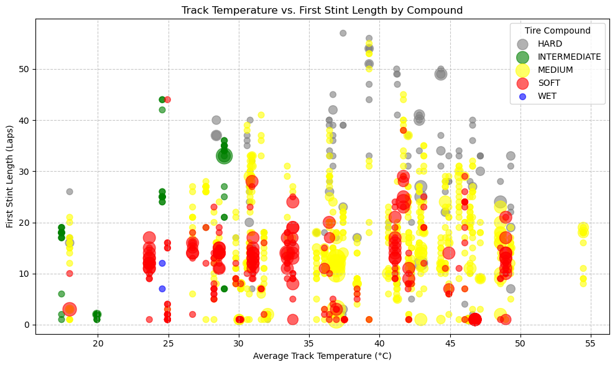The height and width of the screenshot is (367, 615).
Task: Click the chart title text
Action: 322,10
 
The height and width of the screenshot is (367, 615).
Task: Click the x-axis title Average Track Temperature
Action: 322,356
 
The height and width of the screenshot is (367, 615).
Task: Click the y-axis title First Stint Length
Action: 11,176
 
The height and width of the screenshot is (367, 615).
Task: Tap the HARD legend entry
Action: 550,44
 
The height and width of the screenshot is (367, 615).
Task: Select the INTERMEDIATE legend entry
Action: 569,57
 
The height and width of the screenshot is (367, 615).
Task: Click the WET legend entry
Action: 547,96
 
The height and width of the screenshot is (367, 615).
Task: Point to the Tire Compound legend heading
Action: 557,30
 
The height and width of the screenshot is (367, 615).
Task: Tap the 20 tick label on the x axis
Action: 98,344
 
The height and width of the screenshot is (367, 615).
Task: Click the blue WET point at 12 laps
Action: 162,263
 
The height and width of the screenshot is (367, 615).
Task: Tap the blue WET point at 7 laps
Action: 162,289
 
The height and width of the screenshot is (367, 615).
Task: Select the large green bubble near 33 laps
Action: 224,156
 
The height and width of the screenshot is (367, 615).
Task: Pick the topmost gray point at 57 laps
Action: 343,33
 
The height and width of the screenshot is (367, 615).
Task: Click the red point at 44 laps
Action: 167,100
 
